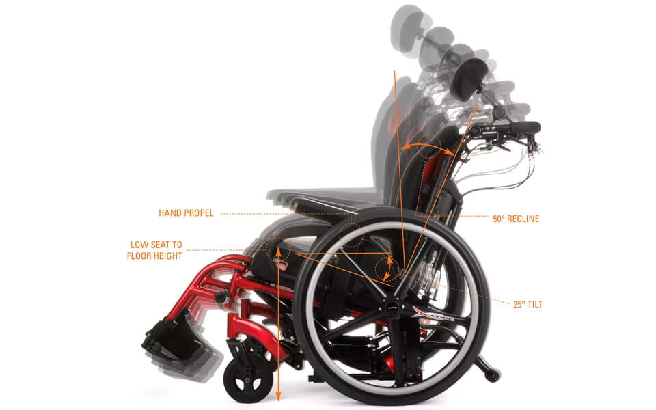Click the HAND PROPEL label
point(186,213)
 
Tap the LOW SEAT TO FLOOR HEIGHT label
point(154,250)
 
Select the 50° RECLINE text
point(516,219)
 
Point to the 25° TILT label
point(528,304)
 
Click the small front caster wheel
point(243,381)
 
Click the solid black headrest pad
point(467,79)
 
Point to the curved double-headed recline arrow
point(428,144)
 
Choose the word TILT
point(534,304)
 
